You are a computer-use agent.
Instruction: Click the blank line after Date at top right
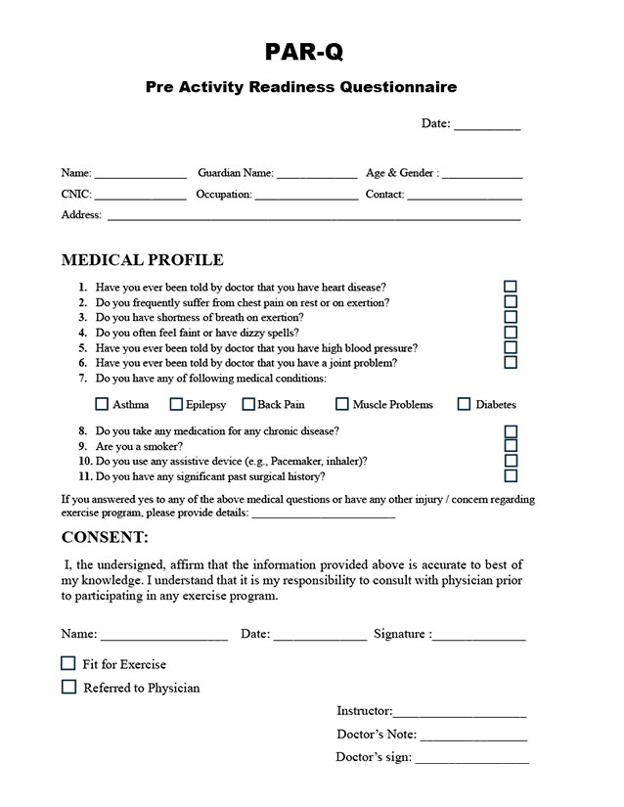pyautogui.click(x=487, y=125)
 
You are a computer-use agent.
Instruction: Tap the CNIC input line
pyautogui.click(x=139, y=196)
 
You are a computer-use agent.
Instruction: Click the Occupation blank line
pyautogui.click(x=306, y=196)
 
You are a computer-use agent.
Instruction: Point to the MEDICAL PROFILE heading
pyautogui.click(x=142, y=260)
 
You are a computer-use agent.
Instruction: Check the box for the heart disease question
pyautogui.click(x=511, y=288)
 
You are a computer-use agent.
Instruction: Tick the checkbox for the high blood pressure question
pyautogui.click(x=511, y=347)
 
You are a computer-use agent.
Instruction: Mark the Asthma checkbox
pyautogui.click(x=102, y=404)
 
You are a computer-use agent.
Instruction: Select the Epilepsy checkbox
pyautogui.click(x=176, y=404)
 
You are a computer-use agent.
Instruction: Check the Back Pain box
pyautogui.click(x=248, y=404)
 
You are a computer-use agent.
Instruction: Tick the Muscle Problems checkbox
pyautogui.click(x=342, y=404)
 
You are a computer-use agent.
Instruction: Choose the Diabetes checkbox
pyautogui.click(x=465, y=404)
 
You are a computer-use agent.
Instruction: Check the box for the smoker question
pyautogui.click(x=511, y=446)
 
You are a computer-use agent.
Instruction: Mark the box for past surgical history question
pyautogui.click(x=511, y=476)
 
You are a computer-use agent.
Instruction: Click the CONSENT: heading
pyautogui.click(x=106, y=537)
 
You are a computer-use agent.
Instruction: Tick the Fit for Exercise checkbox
pyautogui.click(x=68, y=663)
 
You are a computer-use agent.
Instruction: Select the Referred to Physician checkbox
pyautogui.click(x=68, y=687)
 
